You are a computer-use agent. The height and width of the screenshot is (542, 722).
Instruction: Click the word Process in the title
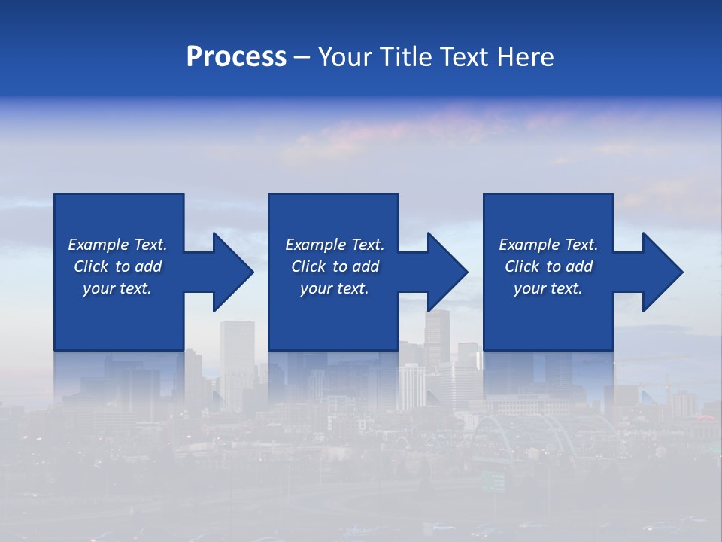coord(236,57)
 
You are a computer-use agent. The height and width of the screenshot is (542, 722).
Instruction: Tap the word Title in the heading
coord(404,57)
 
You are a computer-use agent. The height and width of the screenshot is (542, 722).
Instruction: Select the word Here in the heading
coord(525,57)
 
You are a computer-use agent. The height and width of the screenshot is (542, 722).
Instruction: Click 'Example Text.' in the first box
coord(117,245)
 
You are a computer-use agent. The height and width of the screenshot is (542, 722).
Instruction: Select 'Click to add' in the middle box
coord(335,266)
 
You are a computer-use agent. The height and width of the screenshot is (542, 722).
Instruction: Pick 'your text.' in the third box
coord(548,288)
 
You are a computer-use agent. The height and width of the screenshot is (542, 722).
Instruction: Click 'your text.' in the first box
coord(117,288)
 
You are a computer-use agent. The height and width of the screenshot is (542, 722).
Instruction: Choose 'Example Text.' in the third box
coord(548,245)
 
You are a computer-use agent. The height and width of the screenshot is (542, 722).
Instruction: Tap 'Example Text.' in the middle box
coord(335,245)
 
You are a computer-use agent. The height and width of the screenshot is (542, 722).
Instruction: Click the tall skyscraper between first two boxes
coord(237,361)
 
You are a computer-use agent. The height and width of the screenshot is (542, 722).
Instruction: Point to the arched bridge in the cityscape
coord(519,429)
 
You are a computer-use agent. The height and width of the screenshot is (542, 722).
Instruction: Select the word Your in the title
coord(344,57)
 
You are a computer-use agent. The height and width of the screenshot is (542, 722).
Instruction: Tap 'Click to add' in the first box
coord(117,266)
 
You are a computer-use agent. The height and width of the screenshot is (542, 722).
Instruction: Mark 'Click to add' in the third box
coord(548,266)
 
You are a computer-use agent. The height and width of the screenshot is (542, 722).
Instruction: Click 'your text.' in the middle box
coord(335,288)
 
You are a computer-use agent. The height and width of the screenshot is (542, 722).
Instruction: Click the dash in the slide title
coord(302,58)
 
